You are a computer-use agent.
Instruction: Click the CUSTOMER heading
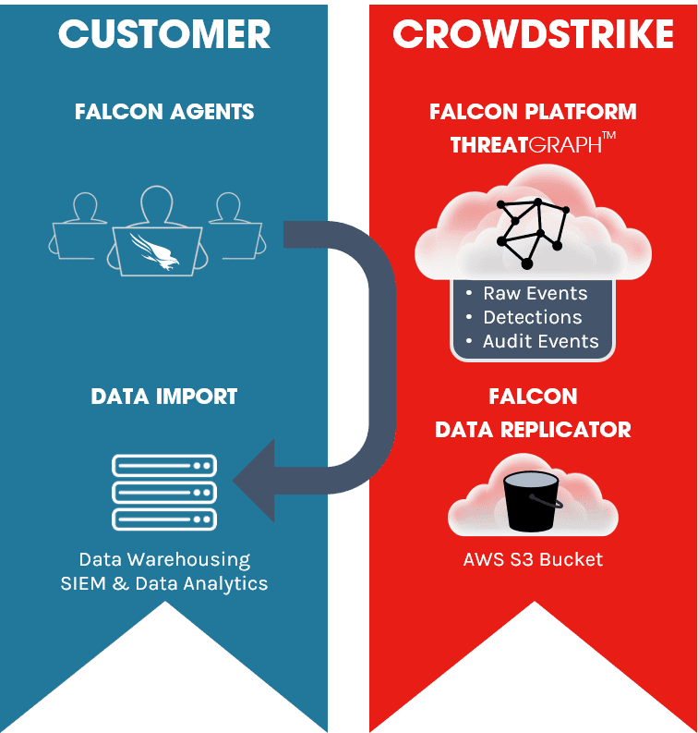pyautogui.click(x=164, y=34)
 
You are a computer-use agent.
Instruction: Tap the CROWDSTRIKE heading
pyautogui.click(x=533, y=34)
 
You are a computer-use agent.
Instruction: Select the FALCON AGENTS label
pyautogui.click(x=164, y=112)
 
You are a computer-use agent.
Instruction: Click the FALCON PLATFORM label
pyautogui.click(x=533, y=112)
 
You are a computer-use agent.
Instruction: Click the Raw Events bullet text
pyautogui.click(x=535, y=293)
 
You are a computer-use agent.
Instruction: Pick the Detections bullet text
pyautogui.click(x=532, y=317)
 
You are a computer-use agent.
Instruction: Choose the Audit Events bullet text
pyautogui.click(x=540, y=341)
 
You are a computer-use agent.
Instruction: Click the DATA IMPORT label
pyautogui.click(x=164, y=397)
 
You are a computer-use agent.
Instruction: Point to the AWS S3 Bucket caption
pyautogui.click(x=533, y=559)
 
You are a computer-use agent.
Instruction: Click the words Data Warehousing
pyautogui.click(x=164, y=559)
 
